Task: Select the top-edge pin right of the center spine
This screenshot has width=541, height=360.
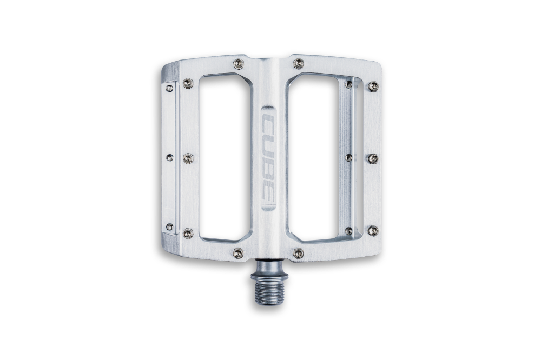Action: point(296,65)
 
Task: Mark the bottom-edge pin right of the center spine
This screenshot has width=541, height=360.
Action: point(297,252)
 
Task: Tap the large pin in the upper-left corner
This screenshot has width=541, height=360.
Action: point(187,83)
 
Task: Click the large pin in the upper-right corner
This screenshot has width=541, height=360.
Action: point(372,85)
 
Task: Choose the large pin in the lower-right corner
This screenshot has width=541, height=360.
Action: point(372,230)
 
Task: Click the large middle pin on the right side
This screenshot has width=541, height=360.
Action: point(372,158)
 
